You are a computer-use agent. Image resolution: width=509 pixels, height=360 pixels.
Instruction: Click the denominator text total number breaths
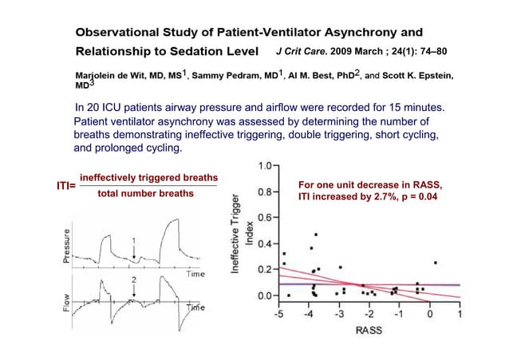point(145,194)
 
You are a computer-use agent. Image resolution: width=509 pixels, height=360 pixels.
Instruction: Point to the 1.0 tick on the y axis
point(262,165)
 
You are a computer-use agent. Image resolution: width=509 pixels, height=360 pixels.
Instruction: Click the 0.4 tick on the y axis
point(262,243)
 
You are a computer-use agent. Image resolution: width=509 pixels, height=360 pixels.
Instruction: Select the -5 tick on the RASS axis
point(278,315)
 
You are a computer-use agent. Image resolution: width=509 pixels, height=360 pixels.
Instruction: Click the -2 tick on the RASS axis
point(369,315)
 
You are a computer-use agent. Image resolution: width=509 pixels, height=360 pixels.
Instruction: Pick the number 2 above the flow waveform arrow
point(133,279)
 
